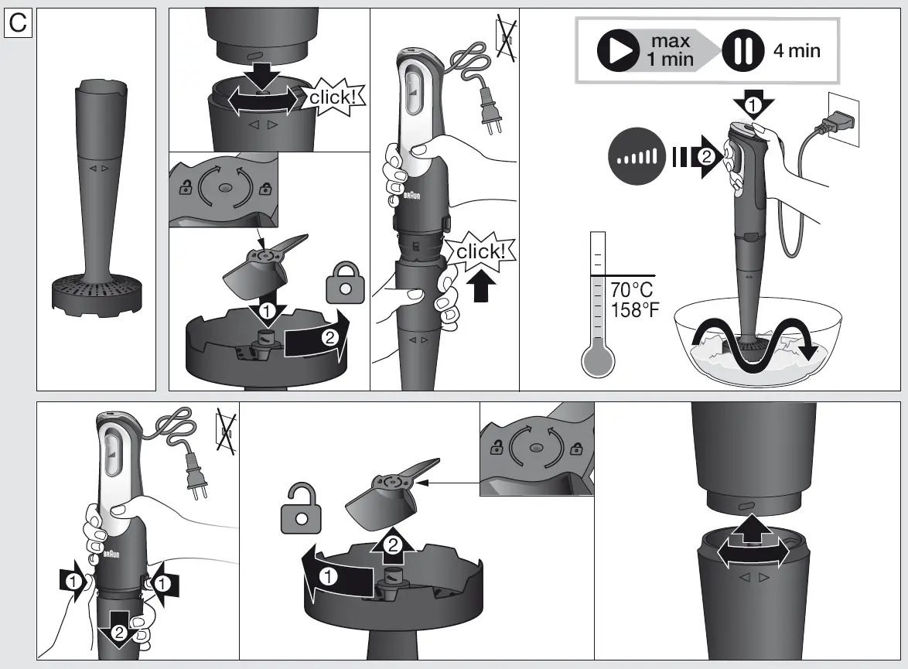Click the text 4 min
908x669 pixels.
point(797,51)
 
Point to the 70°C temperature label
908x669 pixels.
point(632,291)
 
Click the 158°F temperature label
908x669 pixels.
point(636,310)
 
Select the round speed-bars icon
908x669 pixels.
point(637,158)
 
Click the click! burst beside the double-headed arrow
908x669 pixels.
point(336,98)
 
